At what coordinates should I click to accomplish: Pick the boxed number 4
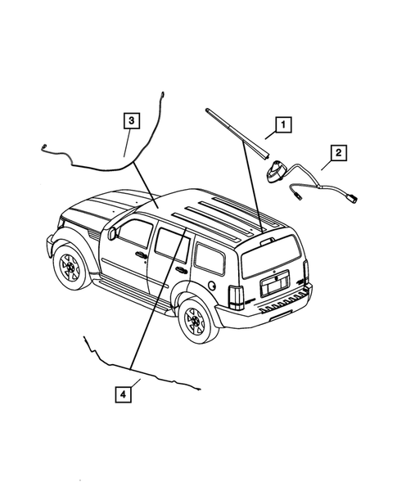(x=121, y=394)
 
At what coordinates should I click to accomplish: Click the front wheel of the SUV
(x=69, y=268)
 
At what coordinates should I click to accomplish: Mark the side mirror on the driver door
(x=112, y=234)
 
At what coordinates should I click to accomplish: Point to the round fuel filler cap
(x=215, y=286)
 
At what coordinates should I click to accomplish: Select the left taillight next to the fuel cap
(x=235, y=300)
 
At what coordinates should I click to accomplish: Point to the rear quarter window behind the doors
(x=209, y=260)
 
